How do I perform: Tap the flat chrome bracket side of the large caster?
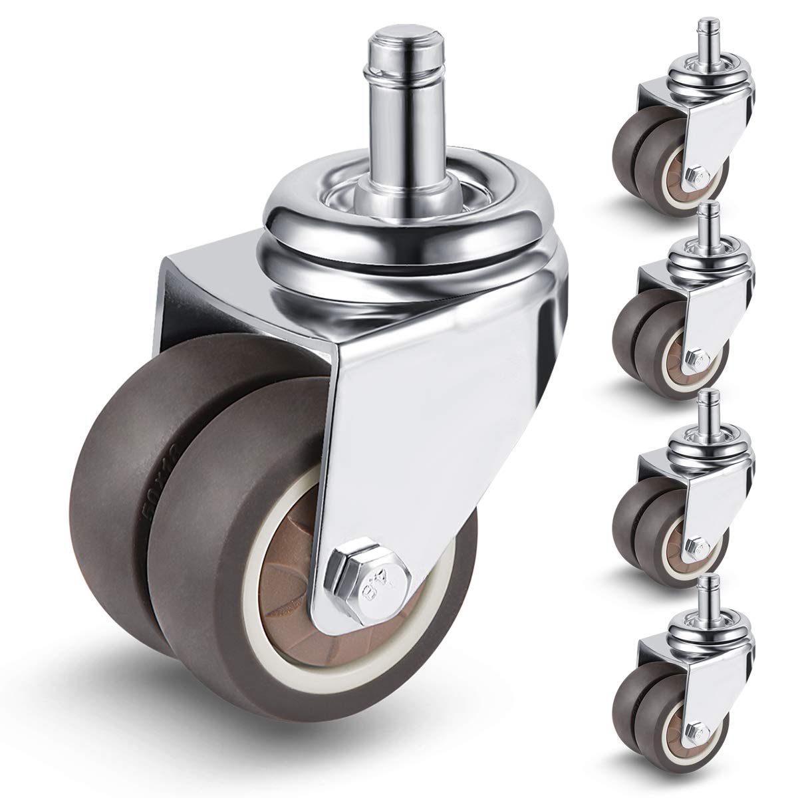click(x=432, y=432)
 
